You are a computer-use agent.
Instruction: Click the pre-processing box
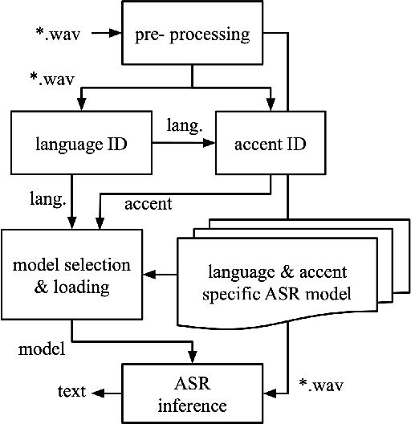pyautogui.click(x=192, y=35)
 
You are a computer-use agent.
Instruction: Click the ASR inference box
pyautogui.click(x=192, y=392)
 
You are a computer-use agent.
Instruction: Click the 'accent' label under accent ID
pyautogui.click(x=148, y=203)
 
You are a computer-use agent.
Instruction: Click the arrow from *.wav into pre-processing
pyautogui.click(x=104, y=35)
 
